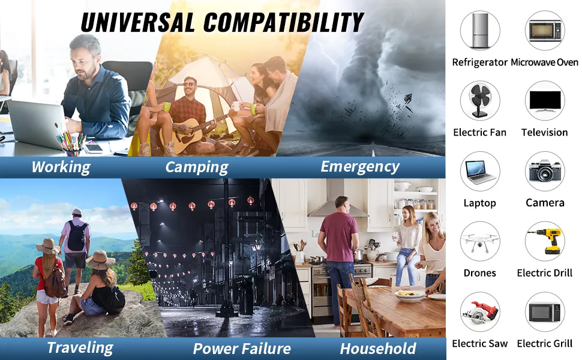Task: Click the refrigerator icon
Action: (x=480, y=30)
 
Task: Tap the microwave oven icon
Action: (x=545, y=31)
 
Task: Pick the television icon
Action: (x=545, y=101)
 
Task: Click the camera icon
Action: (x=545, y=171)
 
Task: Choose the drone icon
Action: (x=480, y=242)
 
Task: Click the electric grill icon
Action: (x=545, y=312)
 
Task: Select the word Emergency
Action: (x=360, y=167)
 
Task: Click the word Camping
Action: (x=197, y=167)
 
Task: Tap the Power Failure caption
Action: (x=242, y=349)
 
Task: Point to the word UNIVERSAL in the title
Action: (x=138, y=22)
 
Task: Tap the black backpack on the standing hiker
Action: (x=77, y=236)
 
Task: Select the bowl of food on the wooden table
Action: (x=410, y=295)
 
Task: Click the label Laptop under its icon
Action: (x=480, y=203)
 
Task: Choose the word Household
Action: (x=378, y=349)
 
